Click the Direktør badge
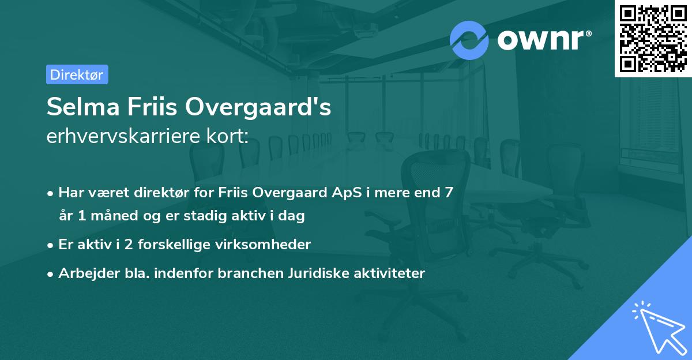[x=77, y=74]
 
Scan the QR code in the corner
[x=653, y=38]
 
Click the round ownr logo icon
[x=469, y=40]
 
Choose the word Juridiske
[x=314, y=273]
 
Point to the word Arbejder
[x=84, y=273]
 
